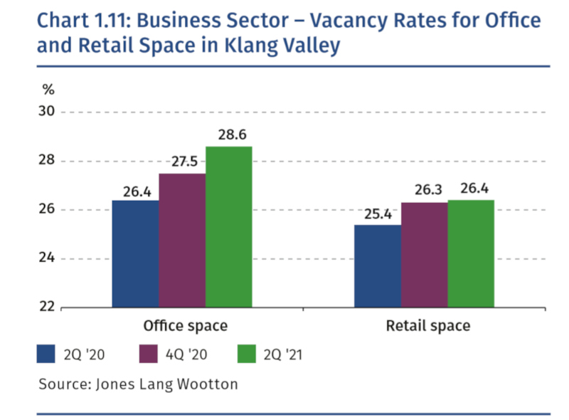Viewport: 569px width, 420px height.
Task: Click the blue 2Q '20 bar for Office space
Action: (x=135, y=254)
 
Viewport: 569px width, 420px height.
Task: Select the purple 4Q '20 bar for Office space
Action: (x=182, y=241)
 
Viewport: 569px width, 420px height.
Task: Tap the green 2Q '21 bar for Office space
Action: (x=228, y=227)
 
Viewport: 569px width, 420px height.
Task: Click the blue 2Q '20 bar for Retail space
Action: (x=377, y=266)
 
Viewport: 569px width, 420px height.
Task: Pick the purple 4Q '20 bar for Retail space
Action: (x=424, y=255)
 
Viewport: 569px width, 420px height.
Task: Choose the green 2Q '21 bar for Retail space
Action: (x=470, y=254)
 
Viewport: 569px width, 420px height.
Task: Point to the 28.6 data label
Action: (x=228, y=135)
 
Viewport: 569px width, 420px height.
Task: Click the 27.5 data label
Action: (x=182, y=162)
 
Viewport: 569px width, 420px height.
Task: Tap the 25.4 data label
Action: (x=377, y=213)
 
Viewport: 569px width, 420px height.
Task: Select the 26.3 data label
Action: (x=424, y=191)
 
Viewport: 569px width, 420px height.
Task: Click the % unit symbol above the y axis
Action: (x=48, y=90)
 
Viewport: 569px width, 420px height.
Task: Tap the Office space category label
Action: (x=185, y=326)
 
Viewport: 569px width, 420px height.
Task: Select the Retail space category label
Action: (x=427, y=326)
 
